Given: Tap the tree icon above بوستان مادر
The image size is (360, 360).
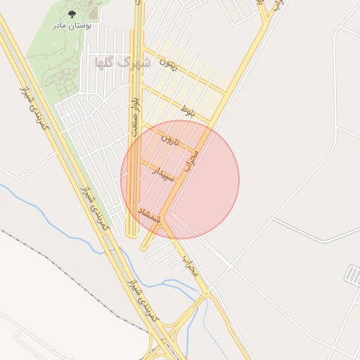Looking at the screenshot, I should pyautogui.click(x=71, y=13).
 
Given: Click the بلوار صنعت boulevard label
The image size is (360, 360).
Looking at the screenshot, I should pyautogui.click(x=138, y=112).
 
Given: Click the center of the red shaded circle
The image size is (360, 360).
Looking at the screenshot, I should pyautogui.click(x=180, y=179).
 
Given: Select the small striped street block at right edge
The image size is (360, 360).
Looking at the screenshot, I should pyautogui.click(x=352, y=274).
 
